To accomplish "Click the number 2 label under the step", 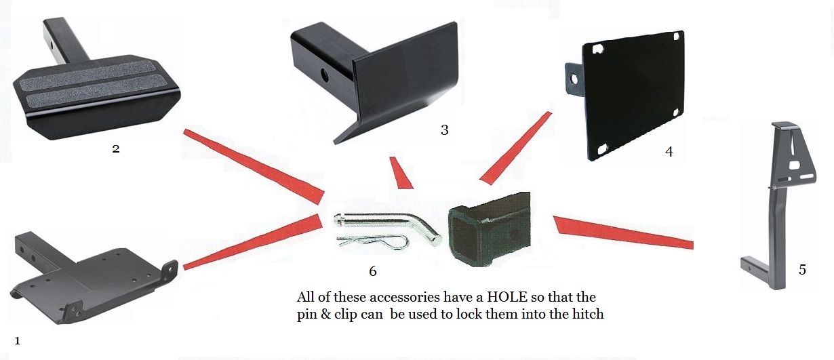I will pyautogui.click(x=116, y=148).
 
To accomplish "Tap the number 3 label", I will pyautogui.click(x=444, y=129).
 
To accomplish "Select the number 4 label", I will pyautogui.click(x=669, y=152).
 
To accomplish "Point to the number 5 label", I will pyautogui.click(x=802, y=270).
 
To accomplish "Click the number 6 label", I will pyautogui.click(x=372, y=271).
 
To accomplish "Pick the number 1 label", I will pyautogui.click(x=17, y=341).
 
